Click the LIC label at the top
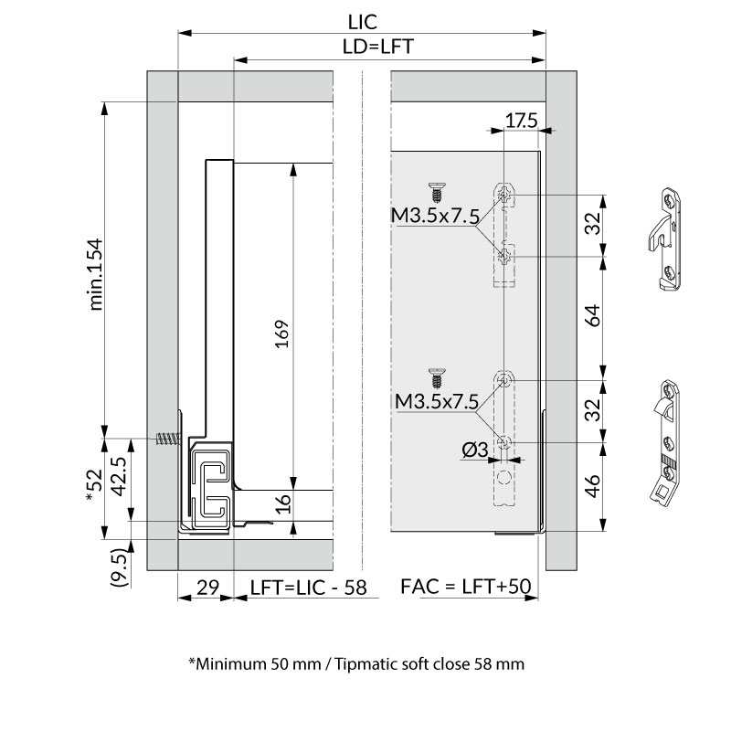pyautogui.click(x=362, y=22)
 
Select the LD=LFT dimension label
pyautogui.click(x=377, y=47)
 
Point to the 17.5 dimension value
pyautogui.click(x=521, y=121)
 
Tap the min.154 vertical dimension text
pyautogui.click(x=95, y=274)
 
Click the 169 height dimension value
pyautogui.click(x=282, y=334)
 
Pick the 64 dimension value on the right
pyautogui.click(x=592, y=315)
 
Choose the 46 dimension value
pyautogui.click(x=592, y=486)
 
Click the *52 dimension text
pyautogui.click(x=94, y=485)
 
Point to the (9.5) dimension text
pyautogui.click(x=119, y=567)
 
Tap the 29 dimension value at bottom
pyautogui.click(x=207, y=588)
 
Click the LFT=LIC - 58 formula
pyautogui.click(x=309, y=588)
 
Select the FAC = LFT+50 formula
pyautogui.click(x=466, y=586)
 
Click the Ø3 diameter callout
pyautogui.click(x=474, y=450)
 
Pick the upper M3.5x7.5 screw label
pyautogui.click(x=435, y=216)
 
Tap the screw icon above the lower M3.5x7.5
pyautogui.click(x=437, y=378)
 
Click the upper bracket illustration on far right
pyautogui.click(x=665, y=239)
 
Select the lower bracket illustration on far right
pyautogui.click(x=666, y=442)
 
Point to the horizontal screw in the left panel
pyautogui.click(x=168, y=439)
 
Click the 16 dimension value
pyautogui.click(x=282, y=504)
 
